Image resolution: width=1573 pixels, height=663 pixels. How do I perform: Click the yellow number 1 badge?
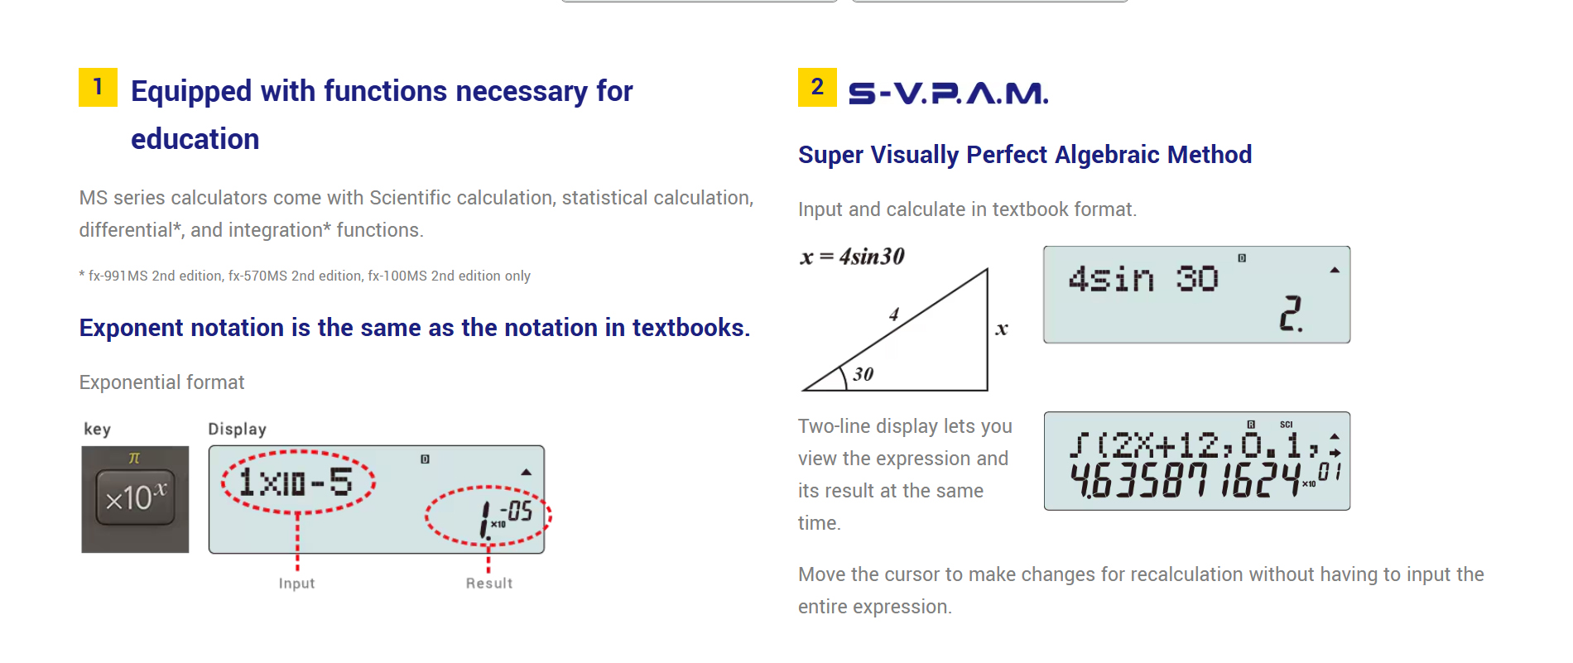[98, 87]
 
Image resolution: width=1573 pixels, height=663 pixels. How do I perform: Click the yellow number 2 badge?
[817, 87]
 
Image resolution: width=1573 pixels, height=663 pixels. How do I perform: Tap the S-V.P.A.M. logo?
[949, 93]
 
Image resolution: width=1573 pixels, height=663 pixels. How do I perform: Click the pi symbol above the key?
[134, 458]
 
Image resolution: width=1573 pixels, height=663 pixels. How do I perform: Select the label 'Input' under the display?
[296, 584]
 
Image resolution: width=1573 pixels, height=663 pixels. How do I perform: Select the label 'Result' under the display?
[489, 584]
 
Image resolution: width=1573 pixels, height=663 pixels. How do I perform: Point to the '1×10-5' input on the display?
[296, 482]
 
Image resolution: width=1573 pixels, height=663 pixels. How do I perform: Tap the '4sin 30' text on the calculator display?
[1143, 279]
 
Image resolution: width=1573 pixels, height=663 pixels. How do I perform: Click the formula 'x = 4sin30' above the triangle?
[852, 257]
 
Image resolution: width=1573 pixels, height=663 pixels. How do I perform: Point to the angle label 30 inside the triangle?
[863, 374]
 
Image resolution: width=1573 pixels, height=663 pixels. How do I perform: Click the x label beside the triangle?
[1002, 329]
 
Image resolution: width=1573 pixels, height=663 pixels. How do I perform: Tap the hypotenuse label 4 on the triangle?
[894, 315]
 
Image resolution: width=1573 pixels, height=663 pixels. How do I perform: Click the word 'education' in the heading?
[195, 139]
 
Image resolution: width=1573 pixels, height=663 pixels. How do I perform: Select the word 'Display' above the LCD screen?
[238, 429]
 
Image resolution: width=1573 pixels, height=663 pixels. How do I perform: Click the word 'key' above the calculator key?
[97, 429]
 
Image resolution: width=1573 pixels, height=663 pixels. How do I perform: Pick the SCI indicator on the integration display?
[1286, 425]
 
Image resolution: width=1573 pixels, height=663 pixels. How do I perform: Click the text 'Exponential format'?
[161, 382]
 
